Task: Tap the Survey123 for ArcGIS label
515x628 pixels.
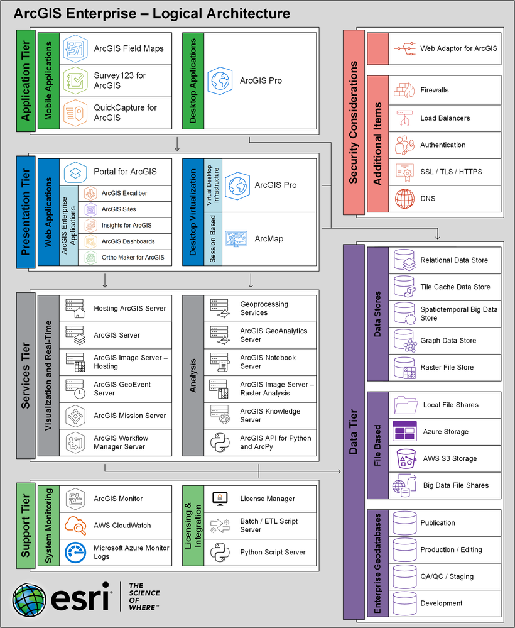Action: pos(119,80)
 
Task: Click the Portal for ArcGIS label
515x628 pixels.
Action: pos(125,171)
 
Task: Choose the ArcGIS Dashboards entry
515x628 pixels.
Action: pos(127,241)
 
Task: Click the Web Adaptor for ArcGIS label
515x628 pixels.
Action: pos(458,48)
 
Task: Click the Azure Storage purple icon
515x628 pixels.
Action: pos(404,432)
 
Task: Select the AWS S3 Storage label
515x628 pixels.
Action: pos(450,459)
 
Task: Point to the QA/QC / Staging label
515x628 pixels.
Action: pos(447,576)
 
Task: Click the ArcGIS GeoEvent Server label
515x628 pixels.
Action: pos(122,388)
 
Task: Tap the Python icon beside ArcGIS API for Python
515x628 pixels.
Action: pos(217,443)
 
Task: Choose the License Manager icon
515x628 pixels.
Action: pos(219,499)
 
